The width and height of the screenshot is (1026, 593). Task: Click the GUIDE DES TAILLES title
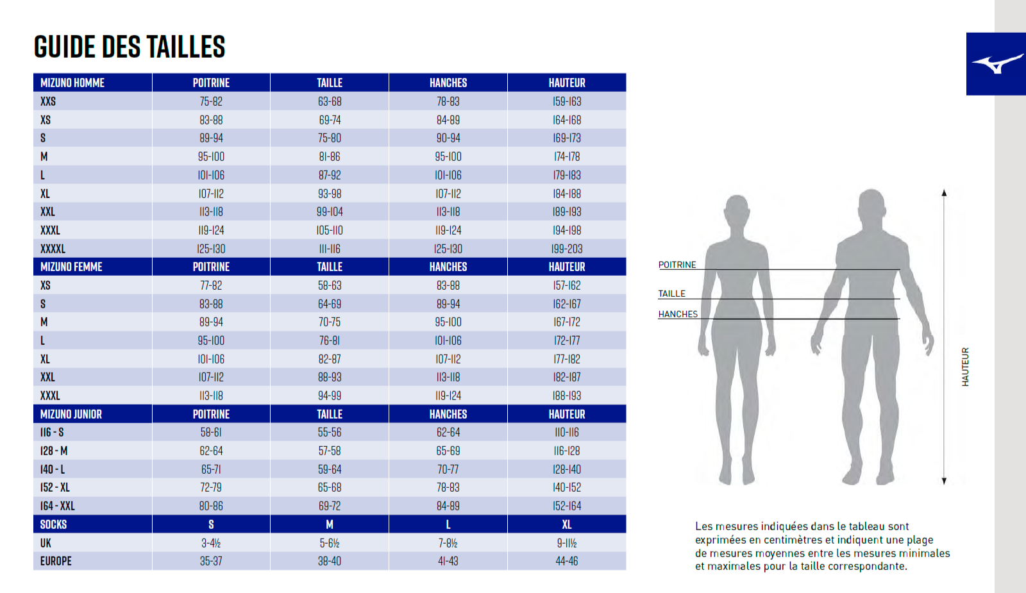(x=130, y=47)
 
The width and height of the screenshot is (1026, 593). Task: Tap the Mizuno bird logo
(x=997, y=64)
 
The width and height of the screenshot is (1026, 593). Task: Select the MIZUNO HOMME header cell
(x=72, y=83)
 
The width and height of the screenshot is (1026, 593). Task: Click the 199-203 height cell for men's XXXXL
(x=567, y=249)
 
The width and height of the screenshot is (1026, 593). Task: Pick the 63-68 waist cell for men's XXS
(x=330, y=101)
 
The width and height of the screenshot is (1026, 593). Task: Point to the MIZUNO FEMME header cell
(x=71, y=267)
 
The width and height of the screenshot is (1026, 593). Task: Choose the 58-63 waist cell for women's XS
(x=330, y=285)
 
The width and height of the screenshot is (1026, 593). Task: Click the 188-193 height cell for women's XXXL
(x=567, y=396)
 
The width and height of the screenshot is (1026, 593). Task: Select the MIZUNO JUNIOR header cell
(x=71, y=414)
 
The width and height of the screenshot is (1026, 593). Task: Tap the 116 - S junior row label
(x=52, y=433)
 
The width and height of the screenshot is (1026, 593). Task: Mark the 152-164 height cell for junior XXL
(x=567, y=506)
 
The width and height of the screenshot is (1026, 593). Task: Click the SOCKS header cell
(x=53, y=524)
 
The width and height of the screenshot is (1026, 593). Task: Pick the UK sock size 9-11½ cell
(x=567, y=543)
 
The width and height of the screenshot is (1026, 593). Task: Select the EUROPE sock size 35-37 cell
(x=211, y=561)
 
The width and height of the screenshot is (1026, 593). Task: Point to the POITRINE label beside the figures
(x=677, y=265)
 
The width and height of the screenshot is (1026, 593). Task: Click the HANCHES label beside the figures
(x=678, y=314)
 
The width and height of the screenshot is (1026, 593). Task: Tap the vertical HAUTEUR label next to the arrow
(x=965, y=367)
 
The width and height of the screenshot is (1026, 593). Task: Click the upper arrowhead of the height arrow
(x=944, y=193)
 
